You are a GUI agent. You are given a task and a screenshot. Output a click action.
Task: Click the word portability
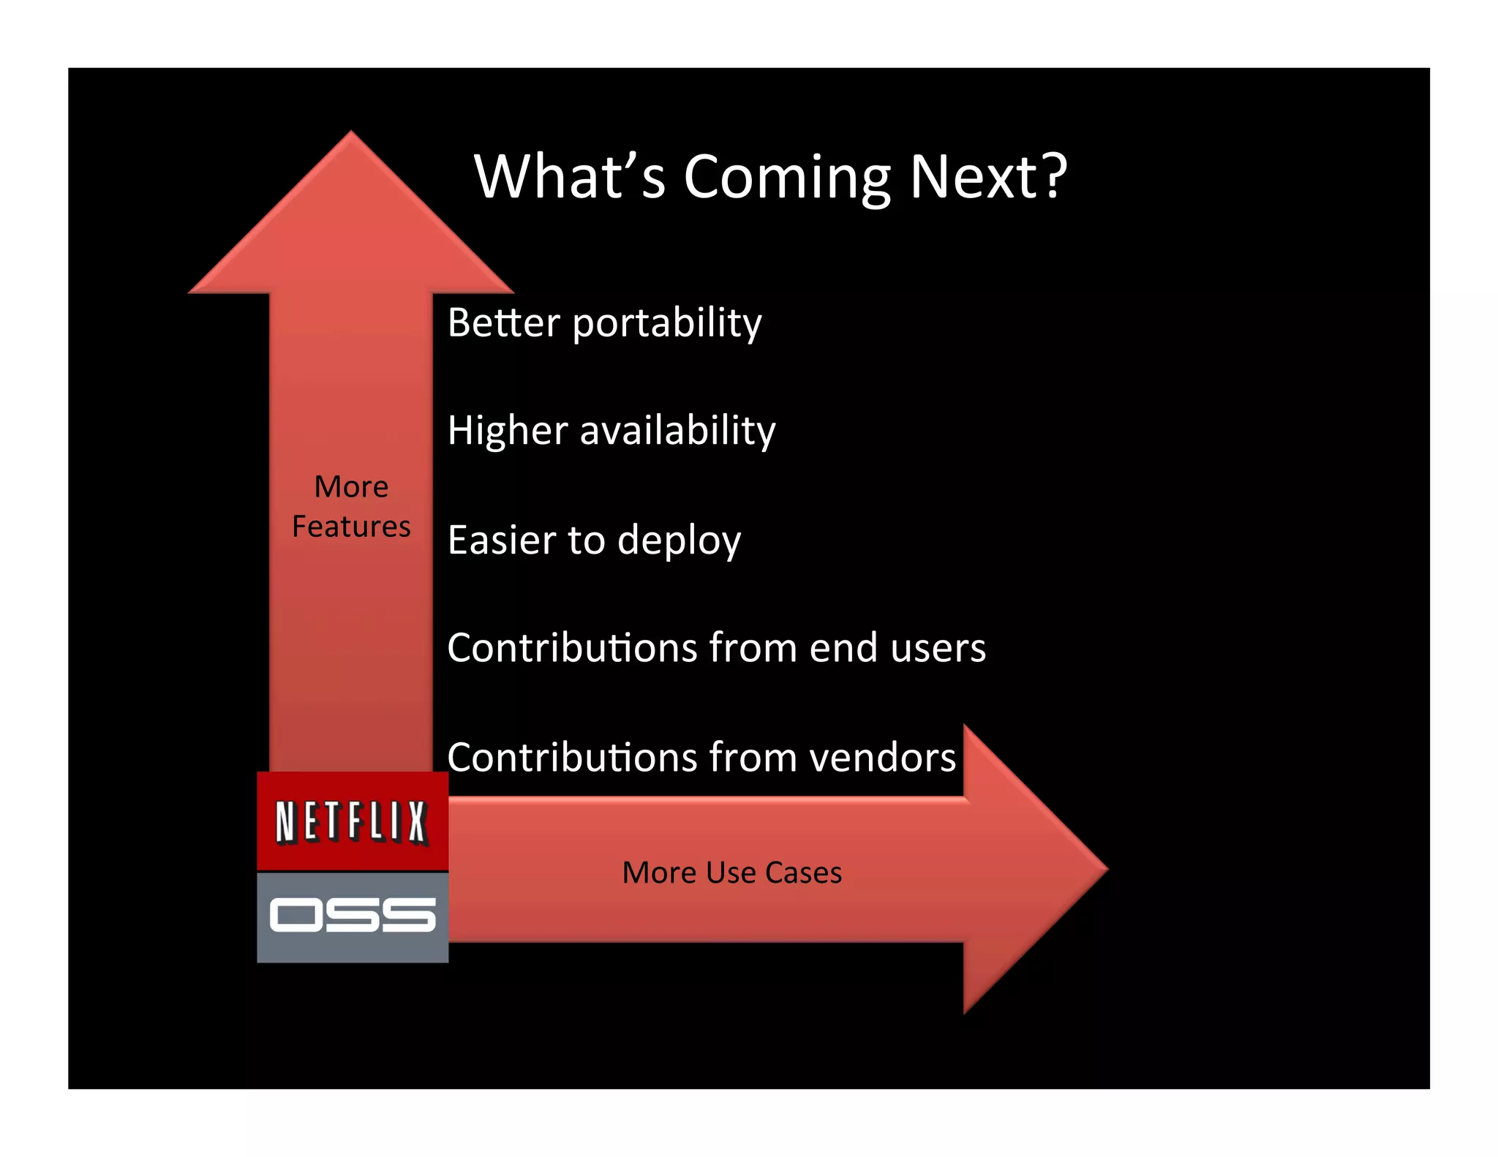pyautogui.click(x=666, y=323)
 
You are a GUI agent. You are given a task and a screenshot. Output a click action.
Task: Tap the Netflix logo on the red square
pyautogui.click(x=352, y=821)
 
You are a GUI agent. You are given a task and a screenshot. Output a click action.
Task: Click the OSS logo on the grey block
pyautogui.click(x=352, y=916)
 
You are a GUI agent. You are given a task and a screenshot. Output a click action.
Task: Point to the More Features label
pyautogui.click(x=351, y=506)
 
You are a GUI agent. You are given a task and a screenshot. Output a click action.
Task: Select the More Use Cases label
pyautogui.click(x=731, y=873)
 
